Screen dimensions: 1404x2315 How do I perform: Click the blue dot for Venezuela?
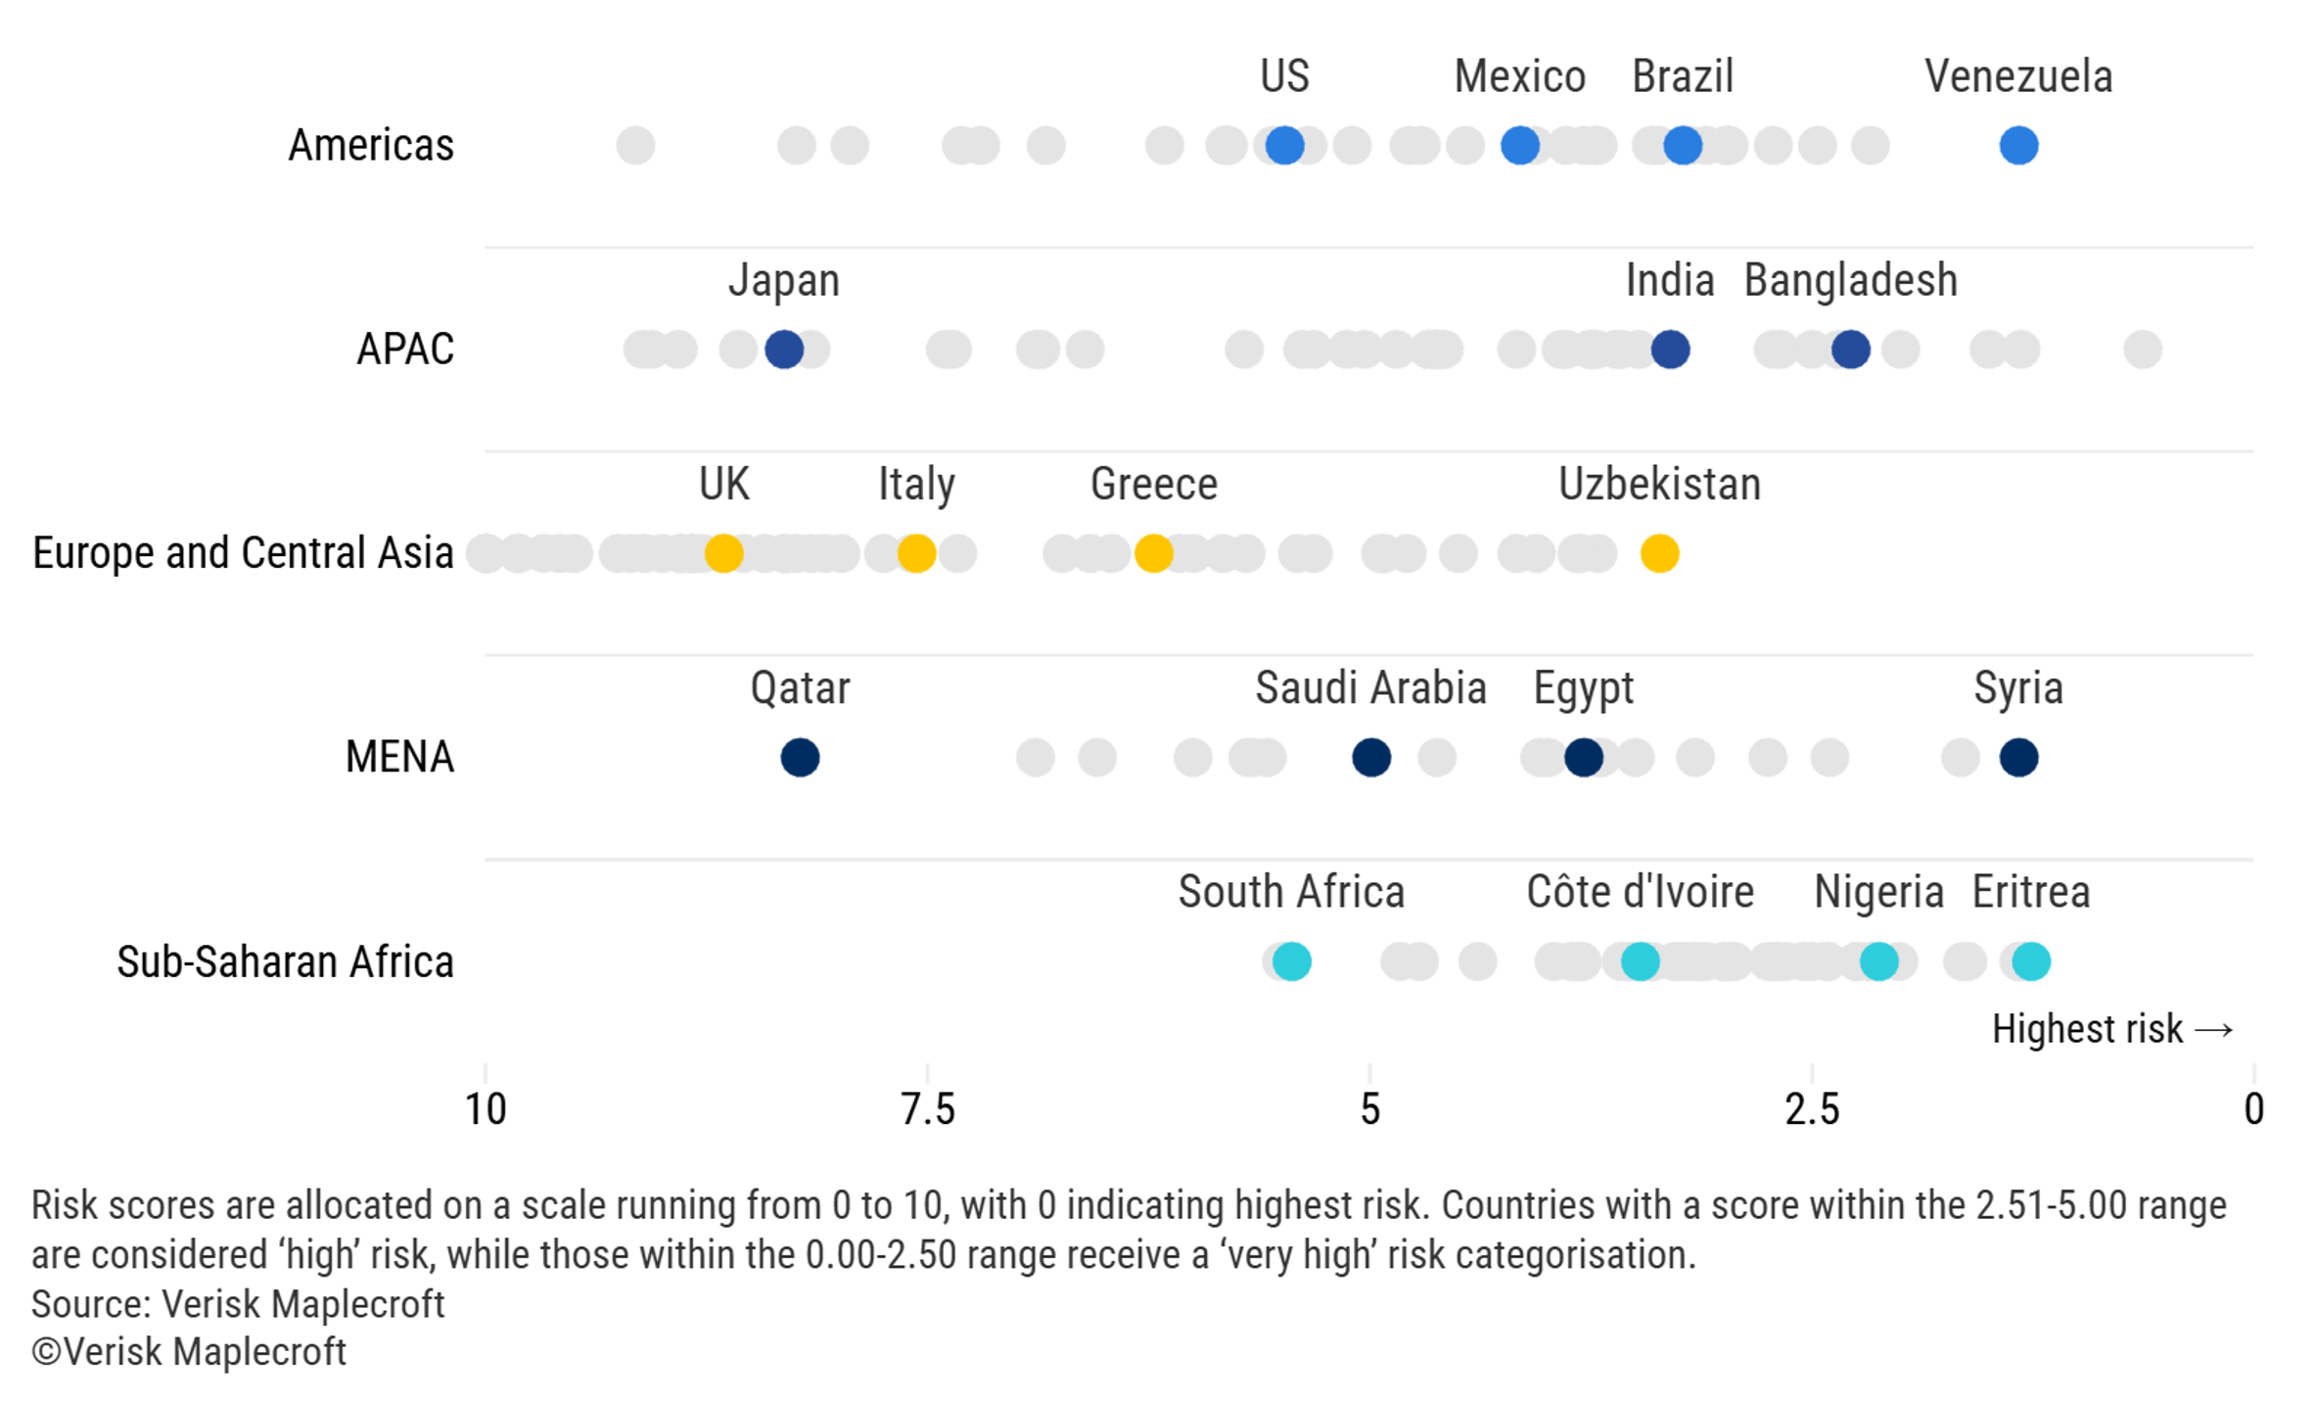click(2017, 146)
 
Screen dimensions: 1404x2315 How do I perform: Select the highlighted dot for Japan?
click(784, 350)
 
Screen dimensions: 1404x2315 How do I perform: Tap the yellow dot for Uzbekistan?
click(1659, 553)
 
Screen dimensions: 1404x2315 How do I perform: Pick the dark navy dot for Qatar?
click(800, 758)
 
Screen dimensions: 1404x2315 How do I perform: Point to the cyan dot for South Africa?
click(1291, 961)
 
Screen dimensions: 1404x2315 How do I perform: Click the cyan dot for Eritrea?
click(2031, 961)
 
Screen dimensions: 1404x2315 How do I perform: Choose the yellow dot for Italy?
click(916, 553)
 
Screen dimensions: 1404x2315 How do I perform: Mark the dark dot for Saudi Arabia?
click(1370, 758)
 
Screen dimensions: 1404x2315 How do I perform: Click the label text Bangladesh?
click(1850, 281)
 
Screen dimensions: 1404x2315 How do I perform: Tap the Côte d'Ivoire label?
click(1640, 892)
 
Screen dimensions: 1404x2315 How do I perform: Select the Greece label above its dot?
click(1153, 485)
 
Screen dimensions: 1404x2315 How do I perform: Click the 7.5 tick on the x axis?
click(927, 1109)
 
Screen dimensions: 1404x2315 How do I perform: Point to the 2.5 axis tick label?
click(1811, 1109)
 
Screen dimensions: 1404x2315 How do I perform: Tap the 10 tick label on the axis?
click(486, 1109)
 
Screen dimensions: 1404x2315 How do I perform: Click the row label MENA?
click(399, 757)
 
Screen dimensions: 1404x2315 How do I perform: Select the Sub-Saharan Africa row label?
click(285, 961)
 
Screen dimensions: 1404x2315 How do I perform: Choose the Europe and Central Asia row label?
click(243, 553)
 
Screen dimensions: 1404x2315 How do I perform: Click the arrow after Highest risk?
click(2213, 1030)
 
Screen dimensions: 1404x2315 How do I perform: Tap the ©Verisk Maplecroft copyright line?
click(189, 1352)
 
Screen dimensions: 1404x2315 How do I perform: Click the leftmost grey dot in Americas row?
click(635, 146)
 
